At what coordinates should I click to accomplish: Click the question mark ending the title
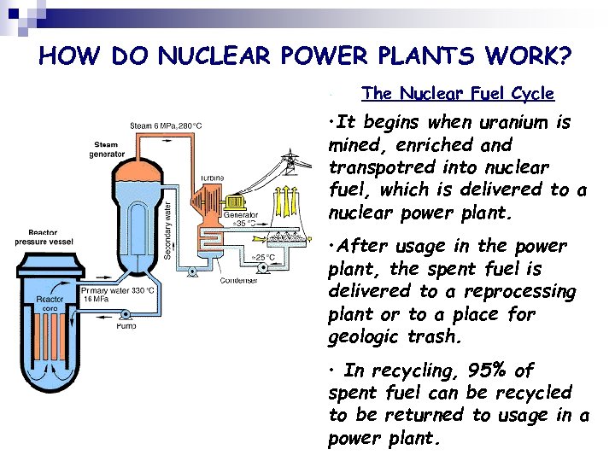[564, 56]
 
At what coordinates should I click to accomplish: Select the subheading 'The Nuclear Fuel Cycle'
[458, 93]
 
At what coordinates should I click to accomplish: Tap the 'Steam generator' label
[106, 149]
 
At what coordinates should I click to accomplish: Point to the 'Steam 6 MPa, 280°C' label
[166, 126]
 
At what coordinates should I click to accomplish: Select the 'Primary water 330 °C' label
[119, 290]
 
